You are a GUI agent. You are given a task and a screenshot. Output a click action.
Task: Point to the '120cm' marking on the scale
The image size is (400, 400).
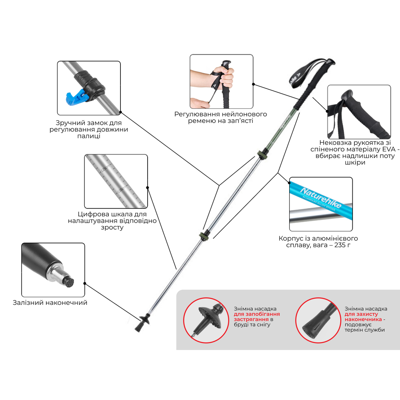tap(122, 189)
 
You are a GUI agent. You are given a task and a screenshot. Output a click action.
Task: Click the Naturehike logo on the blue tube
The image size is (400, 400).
tap(321, 198)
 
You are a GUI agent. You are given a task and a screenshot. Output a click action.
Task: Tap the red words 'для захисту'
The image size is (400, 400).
tap(361, 314)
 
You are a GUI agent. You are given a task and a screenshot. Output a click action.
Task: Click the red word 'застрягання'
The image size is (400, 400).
tap(251, 319)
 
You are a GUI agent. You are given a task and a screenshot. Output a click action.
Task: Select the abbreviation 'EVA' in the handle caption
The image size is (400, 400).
tap(389, 149)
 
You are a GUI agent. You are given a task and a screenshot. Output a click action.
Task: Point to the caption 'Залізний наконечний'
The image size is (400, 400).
tap(50, 302)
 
